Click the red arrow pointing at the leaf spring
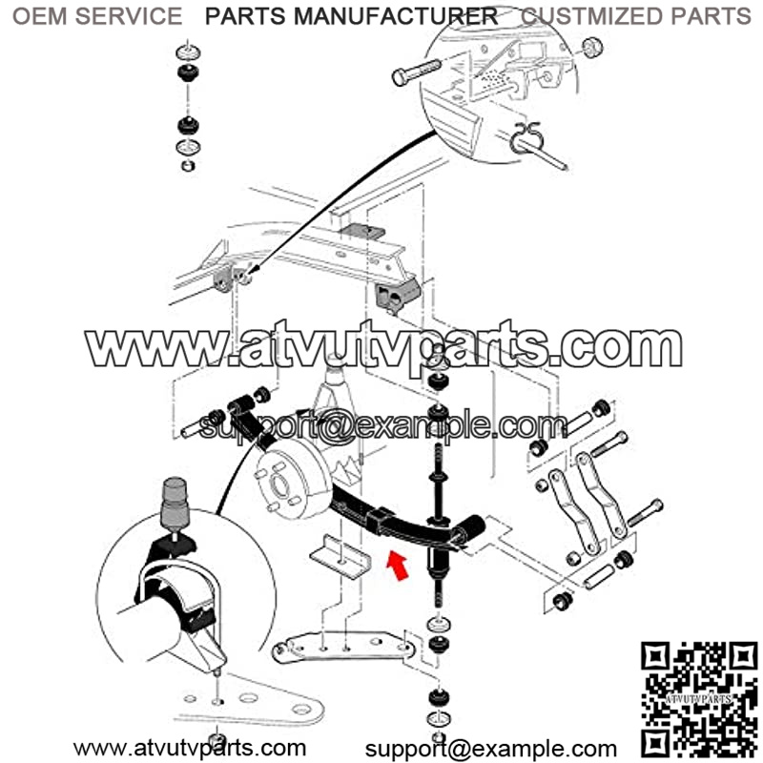point(398,566)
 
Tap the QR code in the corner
point(699,701)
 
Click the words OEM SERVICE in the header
point(97,16)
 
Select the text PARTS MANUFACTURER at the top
point(351,16)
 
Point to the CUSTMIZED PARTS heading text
point(636,16)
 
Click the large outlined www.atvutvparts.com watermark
point(383,347)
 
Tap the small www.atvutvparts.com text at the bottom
point(190,748)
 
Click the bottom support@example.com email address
point(491,750)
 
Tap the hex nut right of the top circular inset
point(592,48)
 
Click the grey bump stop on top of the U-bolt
point(175,504)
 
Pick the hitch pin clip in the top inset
point(526,137)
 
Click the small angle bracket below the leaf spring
point(340,556)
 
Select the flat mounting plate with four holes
point(343,648)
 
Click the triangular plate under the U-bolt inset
point(249,701)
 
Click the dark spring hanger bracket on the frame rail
point(397,295)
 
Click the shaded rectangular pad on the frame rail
point(362,231)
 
